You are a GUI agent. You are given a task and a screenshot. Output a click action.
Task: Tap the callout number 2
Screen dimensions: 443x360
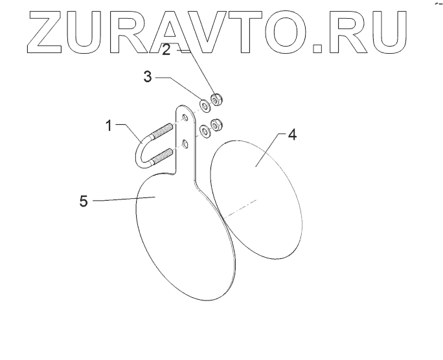166,50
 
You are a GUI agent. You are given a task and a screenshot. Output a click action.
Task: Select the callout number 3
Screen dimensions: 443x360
148,78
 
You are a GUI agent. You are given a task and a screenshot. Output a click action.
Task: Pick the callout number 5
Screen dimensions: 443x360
84,201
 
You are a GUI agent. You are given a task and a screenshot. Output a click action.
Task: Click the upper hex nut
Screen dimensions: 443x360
216,99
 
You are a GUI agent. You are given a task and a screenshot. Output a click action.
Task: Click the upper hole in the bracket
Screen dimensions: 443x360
185,118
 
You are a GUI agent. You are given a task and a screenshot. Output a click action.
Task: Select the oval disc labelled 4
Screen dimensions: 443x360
256,194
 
